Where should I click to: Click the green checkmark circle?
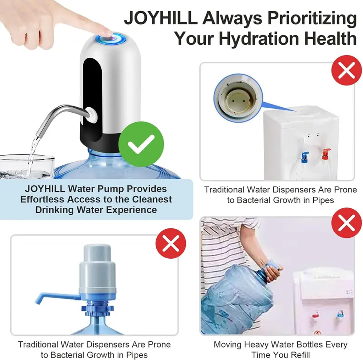[141, 144]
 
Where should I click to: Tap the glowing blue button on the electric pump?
[111, 38]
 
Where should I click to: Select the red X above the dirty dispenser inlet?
[346, 70]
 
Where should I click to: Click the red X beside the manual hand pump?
[171, 243]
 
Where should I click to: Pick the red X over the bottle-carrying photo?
[346, 223]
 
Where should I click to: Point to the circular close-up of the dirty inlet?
[238, 98]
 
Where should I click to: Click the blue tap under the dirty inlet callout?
[305, 157]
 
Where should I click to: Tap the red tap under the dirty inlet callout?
[326, 154]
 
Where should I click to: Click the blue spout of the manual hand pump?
[57, 298]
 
